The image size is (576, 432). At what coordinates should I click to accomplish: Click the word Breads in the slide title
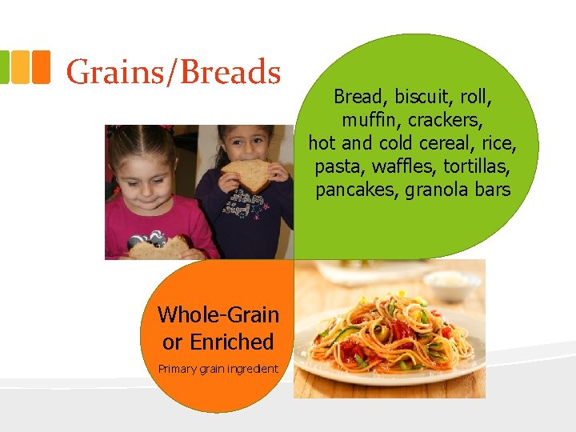[x=232, y=72]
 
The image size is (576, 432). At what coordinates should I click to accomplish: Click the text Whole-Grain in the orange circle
[x=218, y=314]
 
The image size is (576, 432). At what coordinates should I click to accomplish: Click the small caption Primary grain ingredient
[x=218, y=369]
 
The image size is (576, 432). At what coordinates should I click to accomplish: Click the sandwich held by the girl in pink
[x=158, y=247]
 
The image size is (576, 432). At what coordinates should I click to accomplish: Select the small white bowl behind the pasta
[x=451, y=283]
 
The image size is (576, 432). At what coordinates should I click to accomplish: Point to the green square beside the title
[x=4, y=67]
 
